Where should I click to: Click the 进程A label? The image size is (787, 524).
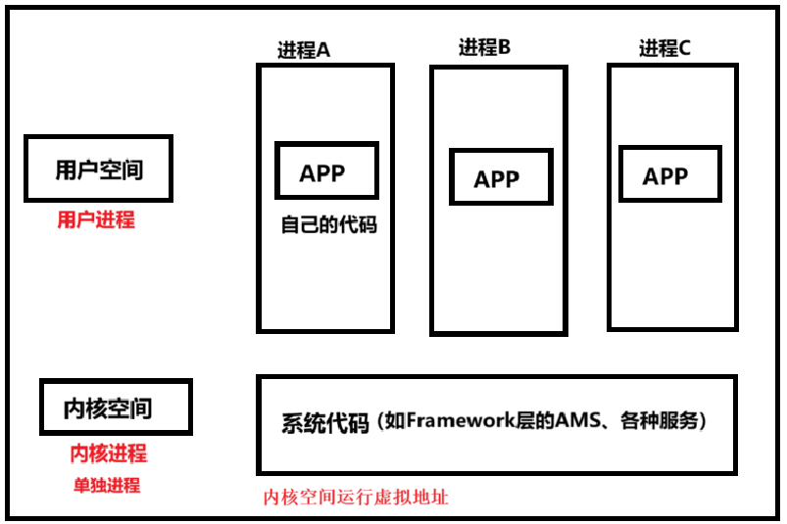pos(303,51)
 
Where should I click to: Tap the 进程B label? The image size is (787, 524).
pos(484,47)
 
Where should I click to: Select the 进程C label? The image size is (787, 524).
pos(664,48)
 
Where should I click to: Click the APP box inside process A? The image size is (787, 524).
pos(323,172)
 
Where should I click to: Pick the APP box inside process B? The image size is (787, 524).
pos(497,178)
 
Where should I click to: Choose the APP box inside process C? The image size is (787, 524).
pos(665,176)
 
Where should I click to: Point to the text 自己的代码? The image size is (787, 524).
pos(328,224)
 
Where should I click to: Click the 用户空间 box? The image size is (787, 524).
pos(99,169)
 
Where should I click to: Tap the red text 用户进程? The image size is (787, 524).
pos(95,219)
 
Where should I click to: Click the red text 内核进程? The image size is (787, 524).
pos(108,454)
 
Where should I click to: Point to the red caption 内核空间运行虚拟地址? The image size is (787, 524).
pos(356,497)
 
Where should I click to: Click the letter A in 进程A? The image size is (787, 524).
pos(322,51)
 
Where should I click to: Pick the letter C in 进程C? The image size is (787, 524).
pos(684,48)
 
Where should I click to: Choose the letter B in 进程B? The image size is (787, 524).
pos(504,47)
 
